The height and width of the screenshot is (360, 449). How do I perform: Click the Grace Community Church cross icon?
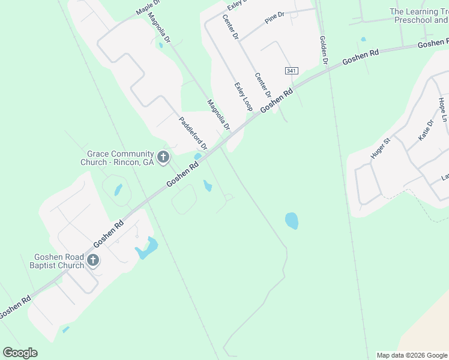click(163, 158)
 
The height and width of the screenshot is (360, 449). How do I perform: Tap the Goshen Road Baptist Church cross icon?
click(92, 260)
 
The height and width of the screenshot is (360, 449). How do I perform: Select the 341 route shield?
click(291, 71)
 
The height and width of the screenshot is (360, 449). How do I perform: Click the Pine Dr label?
click(273, 20)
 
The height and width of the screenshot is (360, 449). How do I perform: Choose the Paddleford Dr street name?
click(193, 133)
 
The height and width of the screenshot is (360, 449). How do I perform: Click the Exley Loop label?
click(243, 97)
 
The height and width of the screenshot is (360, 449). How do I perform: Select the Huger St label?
click(381, 148)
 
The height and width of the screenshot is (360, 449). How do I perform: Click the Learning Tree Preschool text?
click(419, 16)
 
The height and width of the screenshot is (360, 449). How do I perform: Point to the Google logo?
click(20, 353)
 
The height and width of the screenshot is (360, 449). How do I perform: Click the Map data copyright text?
click(412, 355)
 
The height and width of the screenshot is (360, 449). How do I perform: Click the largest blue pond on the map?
click(292, 221)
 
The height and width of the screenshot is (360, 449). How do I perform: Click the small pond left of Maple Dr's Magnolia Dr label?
click(161, 45)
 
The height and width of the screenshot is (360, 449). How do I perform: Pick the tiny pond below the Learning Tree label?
click(363, 40)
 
